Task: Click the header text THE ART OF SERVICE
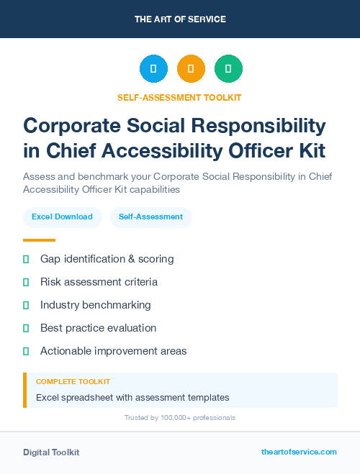[x=180, y=19]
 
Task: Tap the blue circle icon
[x=153, y=69]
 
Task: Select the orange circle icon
[x=191, y=69]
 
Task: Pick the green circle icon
[x=228, y=69]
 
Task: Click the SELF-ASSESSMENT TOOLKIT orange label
[x=180, y=97]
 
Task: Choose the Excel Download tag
[x=62, y=217]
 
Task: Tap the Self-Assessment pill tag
[x=150, y=217]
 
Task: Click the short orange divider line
[x=39, y=240]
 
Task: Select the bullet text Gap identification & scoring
[x=107, y=259]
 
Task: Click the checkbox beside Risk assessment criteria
[x=26, y=282]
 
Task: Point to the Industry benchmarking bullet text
[x=95, y=305]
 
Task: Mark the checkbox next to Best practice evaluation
[x=26, y=328]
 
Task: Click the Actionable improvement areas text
[x=113, y=351]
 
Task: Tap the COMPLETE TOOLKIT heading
[x=73, y=382]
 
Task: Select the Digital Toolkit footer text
[x=51, y=452]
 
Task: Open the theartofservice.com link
[x=299, y=452]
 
